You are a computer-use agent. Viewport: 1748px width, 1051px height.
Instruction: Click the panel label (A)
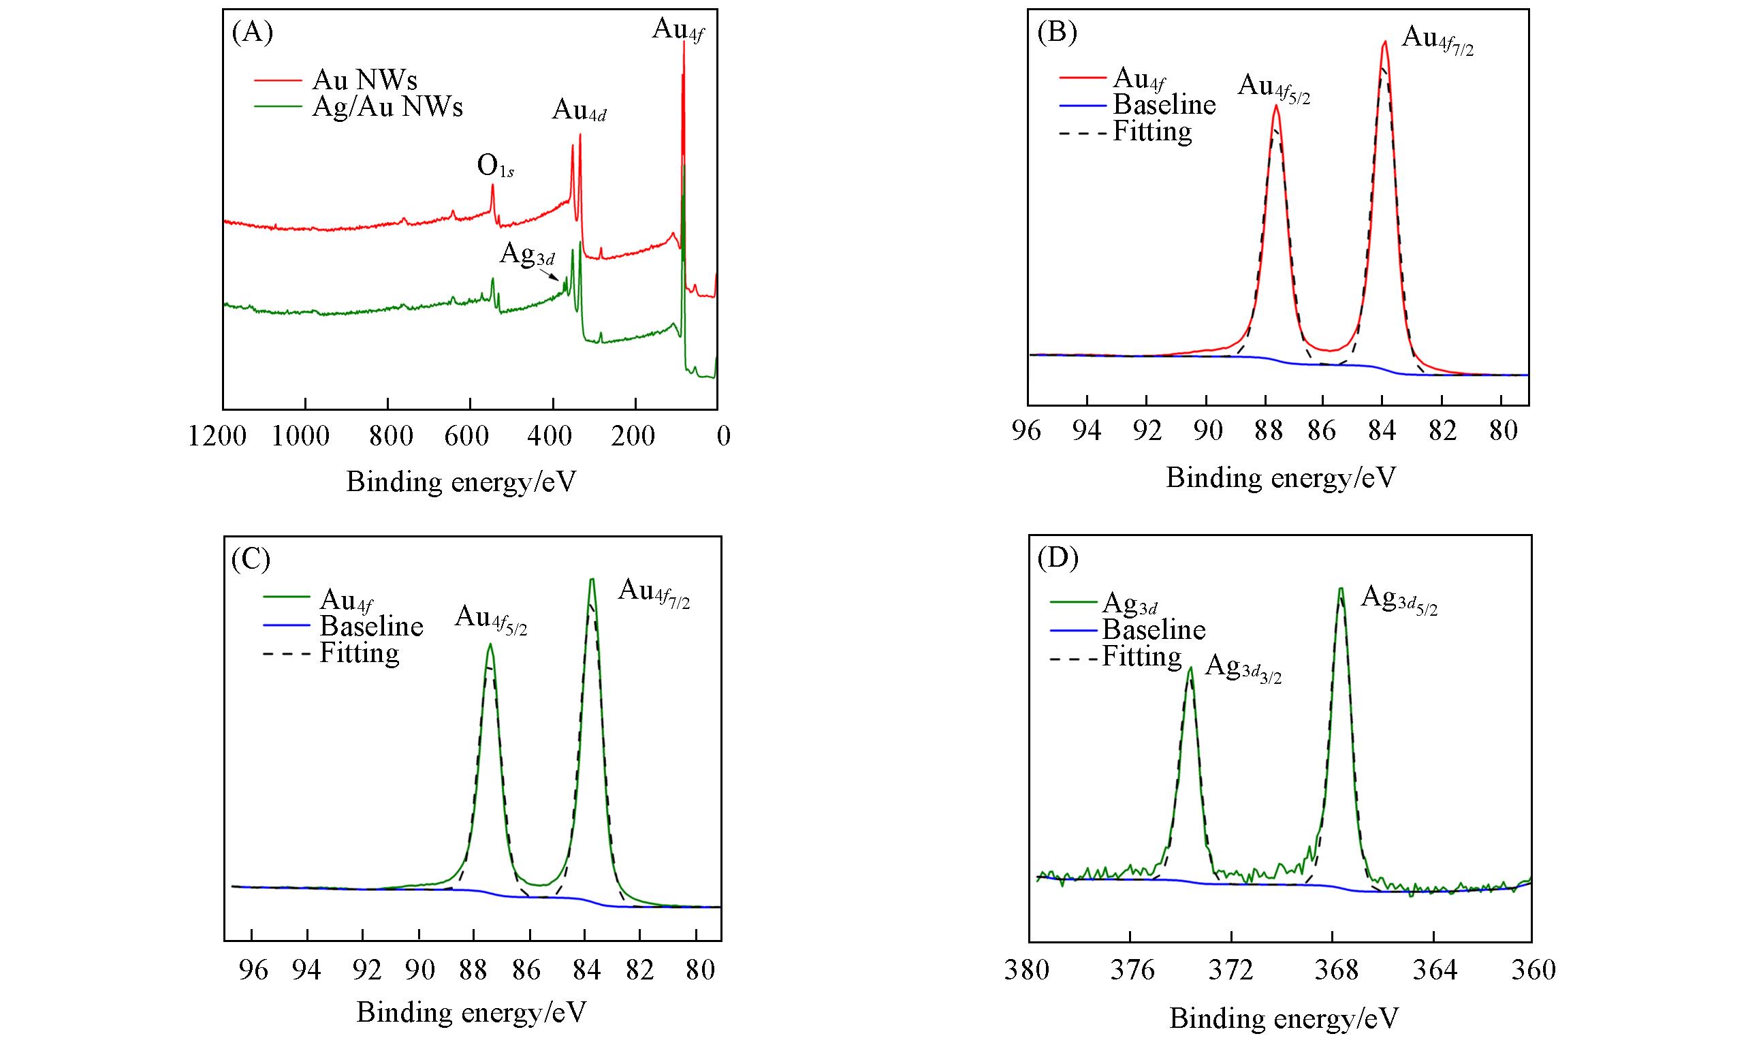click(x=252, y=33)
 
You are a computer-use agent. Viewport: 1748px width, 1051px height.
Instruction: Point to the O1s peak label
click(x=495, y=167)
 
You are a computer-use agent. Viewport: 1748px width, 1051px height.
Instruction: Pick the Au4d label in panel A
click(x=579, y=110)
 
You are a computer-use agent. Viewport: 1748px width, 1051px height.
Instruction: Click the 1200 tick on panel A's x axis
click(x=218, y=435)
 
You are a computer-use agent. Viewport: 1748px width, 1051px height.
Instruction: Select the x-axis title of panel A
click(x=461, y=482)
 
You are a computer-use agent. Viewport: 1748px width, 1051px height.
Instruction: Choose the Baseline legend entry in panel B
click(x=1163, y=105)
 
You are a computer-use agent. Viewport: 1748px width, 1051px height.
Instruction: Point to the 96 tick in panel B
click(x=1027, y=430)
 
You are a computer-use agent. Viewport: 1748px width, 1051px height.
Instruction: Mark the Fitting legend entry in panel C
click(x=359, y=653)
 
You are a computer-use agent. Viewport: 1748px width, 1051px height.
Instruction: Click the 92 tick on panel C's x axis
click(x=363, y=969)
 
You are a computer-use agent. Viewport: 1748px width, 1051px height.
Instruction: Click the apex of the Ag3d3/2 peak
click(x=1191, y=668)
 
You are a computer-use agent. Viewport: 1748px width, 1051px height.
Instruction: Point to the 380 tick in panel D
click(x=1027, y=969)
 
